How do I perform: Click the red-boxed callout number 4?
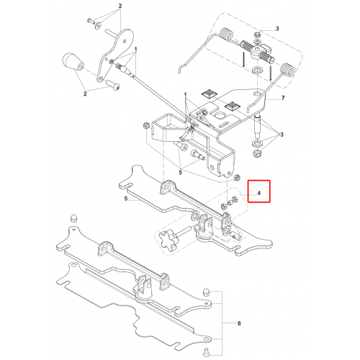pyautogui.click(x=258, y=193)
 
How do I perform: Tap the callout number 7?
pyautogui.click(x=283, y=98)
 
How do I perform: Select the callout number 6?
pyautogui.click(x=239, y=323)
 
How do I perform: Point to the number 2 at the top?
pyautogui.click(x=120, y=6)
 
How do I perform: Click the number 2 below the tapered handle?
pyautogui.click(x=85, y=94)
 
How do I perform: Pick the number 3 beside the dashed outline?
pyautogui.click(x=277, y=29)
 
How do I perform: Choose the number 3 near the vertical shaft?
pyautogui.click(x=282, y=135)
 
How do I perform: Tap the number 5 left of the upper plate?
pyautogui.click(x=126, y=199)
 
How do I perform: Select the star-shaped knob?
pyautogui.click(x=167, y=240)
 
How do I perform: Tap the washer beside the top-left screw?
pyautogui.click(x=98, y=25)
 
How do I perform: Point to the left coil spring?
pyautogui.click(x=226, y=35)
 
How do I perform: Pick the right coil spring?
pyautogui.click(x=287, y=70)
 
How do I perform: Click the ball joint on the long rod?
pyautogui.click(x=124, y=69)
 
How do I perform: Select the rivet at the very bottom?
pyautogui.click(x=206, y=351)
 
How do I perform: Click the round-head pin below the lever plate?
pyautogui.click(x=112, y=85)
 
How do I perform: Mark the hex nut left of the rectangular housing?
pyautogui.click(x=145, y=125)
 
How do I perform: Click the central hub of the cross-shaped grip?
pyautogui.click(x=258, y=50)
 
